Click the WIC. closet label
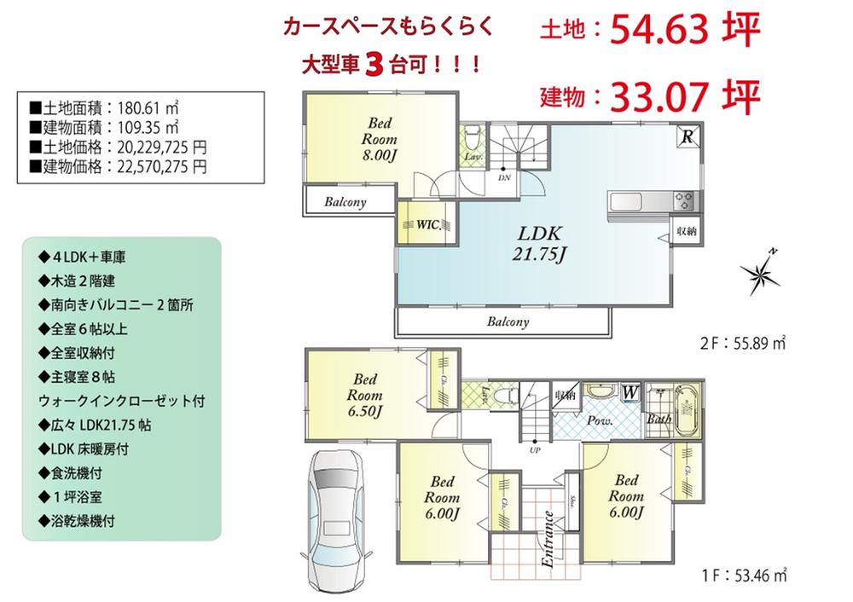(428, 224)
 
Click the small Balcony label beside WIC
(345, 203)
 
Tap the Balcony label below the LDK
(508, 322)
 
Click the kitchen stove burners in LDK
(684, 202)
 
